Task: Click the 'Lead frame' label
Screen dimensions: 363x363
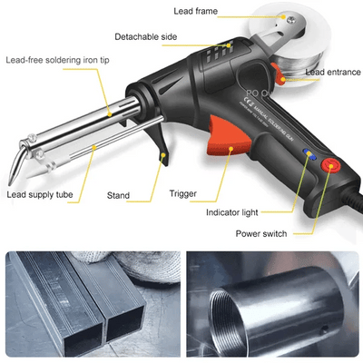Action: pos(201,13)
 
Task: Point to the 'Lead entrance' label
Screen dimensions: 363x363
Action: pos(333,72)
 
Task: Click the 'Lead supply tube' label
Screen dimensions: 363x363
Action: pos(41,194)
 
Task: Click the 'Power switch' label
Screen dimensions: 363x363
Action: pos(261,233)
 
